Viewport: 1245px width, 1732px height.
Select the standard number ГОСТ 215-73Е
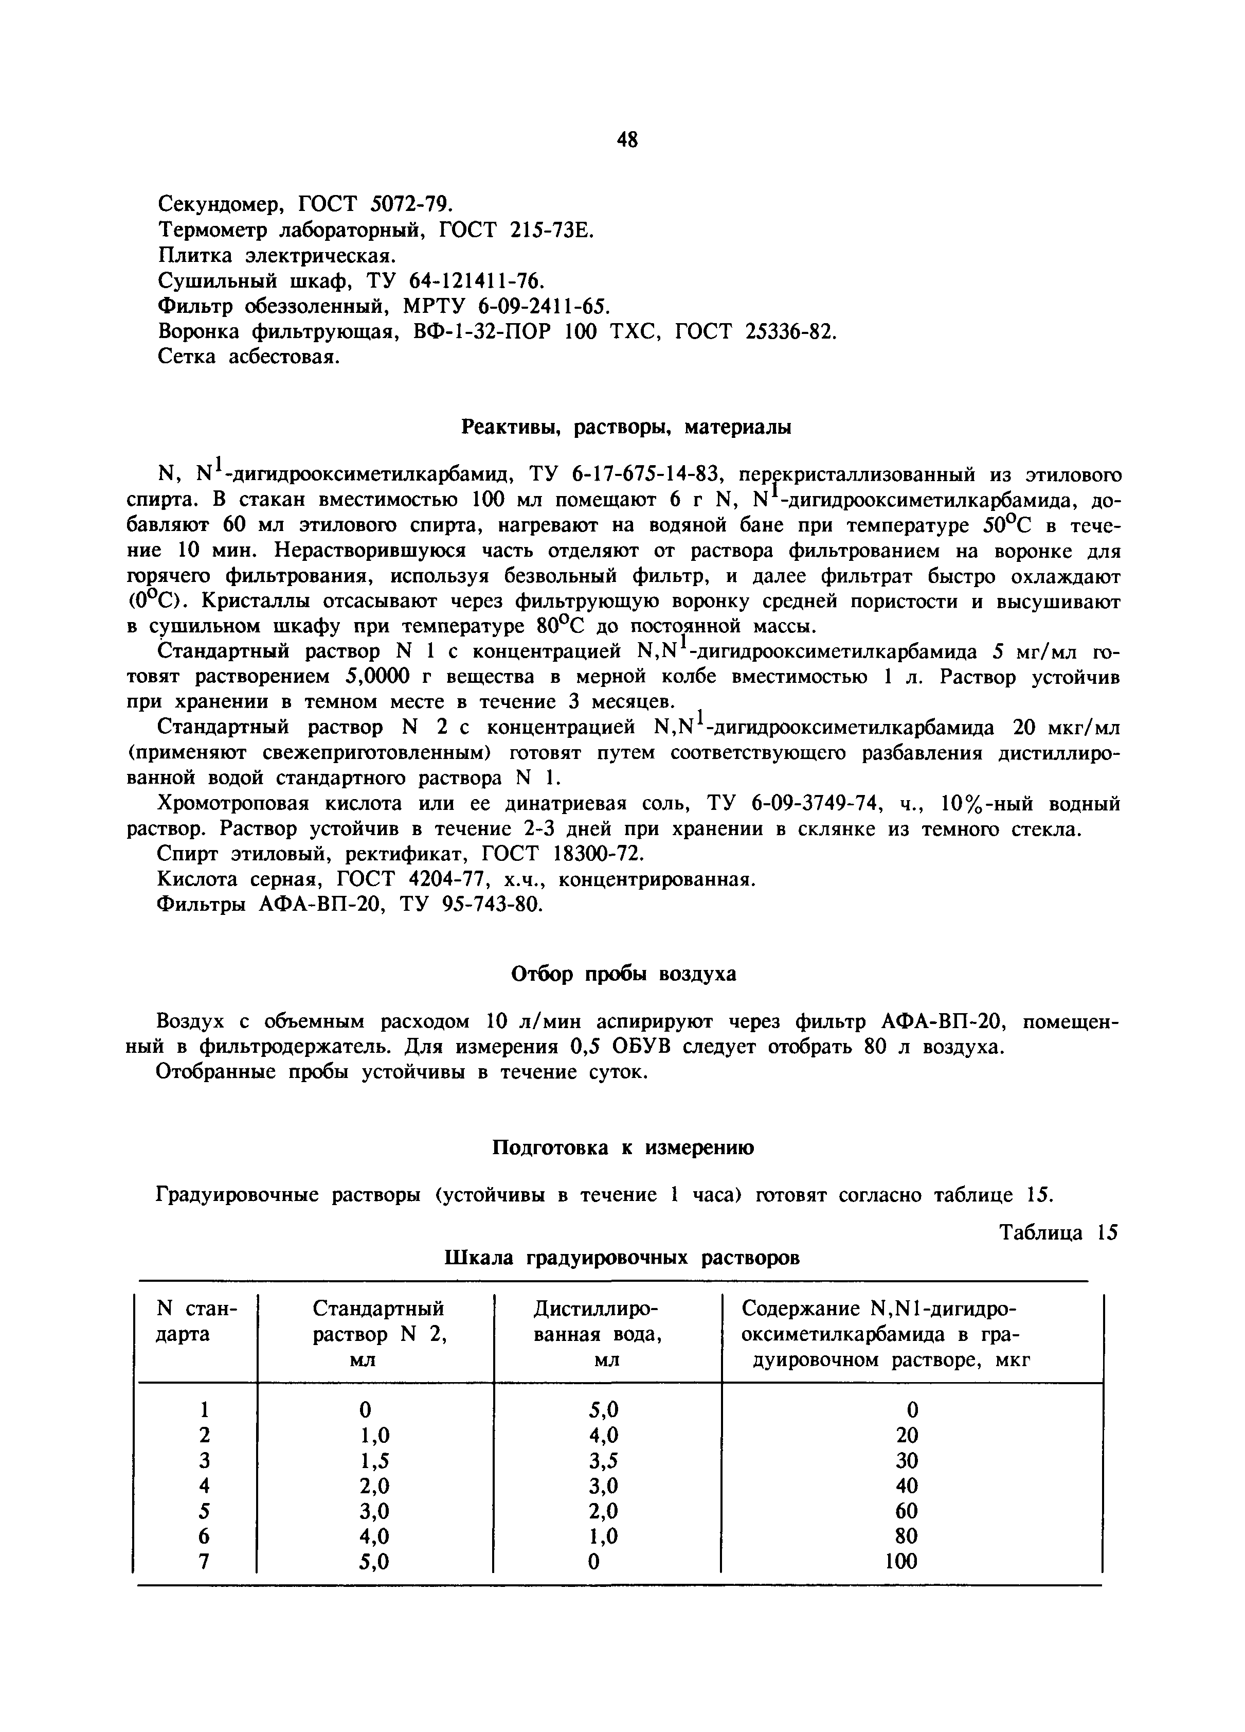click(x=516, y=229)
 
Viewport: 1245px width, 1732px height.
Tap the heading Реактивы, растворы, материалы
click(x=627, y=427)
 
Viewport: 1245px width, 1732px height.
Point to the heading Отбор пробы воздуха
click(x=622, y=975)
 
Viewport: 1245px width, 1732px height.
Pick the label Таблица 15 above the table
click(x=1058, y=1232)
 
